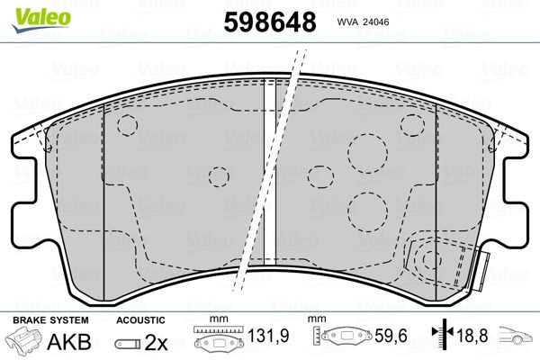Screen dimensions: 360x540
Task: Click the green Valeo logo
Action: pos(29,12)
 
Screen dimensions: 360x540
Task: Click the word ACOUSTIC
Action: pos(141,319)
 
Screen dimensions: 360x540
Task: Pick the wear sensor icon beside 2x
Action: pos(130,344)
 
